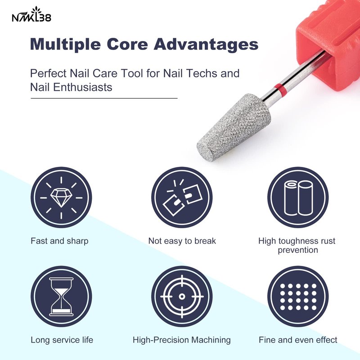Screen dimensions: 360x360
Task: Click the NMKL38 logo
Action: click(31, 15)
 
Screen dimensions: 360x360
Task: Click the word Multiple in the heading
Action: click(65, 44)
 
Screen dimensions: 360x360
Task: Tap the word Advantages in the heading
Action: click(206, 44)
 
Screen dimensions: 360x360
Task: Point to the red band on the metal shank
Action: click(280, 87)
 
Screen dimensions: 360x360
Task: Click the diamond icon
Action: click(61, 198)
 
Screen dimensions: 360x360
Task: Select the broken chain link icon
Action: click(182, 198)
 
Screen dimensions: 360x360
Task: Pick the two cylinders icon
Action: click(298, 198)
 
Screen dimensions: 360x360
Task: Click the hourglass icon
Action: click(61, 297)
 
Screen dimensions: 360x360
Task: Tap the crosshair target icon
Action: click(182, 297)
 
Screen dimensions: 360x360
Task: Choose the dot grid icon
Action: click(298, 297)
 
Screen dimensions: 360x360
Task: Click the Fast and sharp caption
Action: click(59, 241)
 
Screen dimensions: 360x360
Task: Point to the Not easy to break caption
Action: click(182, 241)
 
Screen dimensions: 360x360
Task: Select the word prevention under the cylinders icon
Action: click(298, 250)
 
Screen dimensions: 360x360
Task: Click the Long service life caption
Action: click(62, 340)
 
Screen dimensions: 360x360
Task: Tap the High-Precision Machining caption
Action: click(182, 340)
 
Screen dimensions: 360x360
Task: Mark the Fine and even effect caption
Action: click(298, 340)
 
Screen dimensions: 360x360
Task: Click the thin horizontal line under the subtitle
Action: click(104, 98)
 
